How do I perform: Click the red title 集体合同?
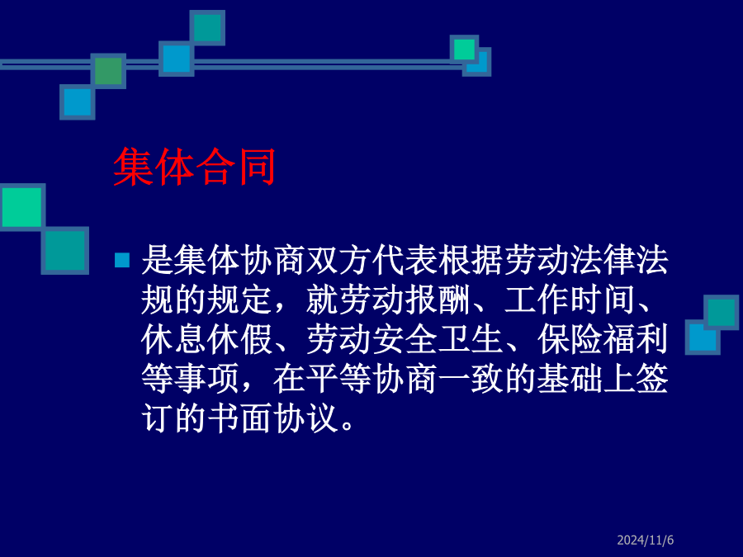click(x=194, y=167)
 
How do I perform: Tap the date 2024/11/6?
click(x=645, y=540)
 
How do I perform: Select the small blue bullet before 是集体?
click(x=122, y=260)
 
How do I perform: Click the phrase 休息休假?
click(x=206, y=340)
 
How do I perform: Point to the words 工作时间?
click(x=570, y=300)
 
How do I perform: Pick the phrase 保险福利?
click(x=603, y=340)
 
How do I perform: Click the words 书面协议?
click(x=273, y=418)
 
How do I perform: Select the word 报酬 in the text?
click(x=438, y=300)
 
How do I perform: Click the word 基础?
click(x=570, y=379)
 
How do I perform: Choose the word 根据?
click(x=471, y=260)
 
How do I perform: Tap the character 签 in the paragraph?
click(x=652, y=379)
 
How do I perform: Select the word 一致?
click(x=471, y=379)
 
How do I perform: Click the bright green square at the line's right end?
click(x=464, y=50)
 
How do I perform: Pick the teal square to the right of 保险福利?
click(x=721, y=312)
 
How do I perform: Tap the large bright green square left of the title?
click(x=21, y=207)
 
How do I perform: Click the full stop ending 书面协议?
click(x=348, y=426)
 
